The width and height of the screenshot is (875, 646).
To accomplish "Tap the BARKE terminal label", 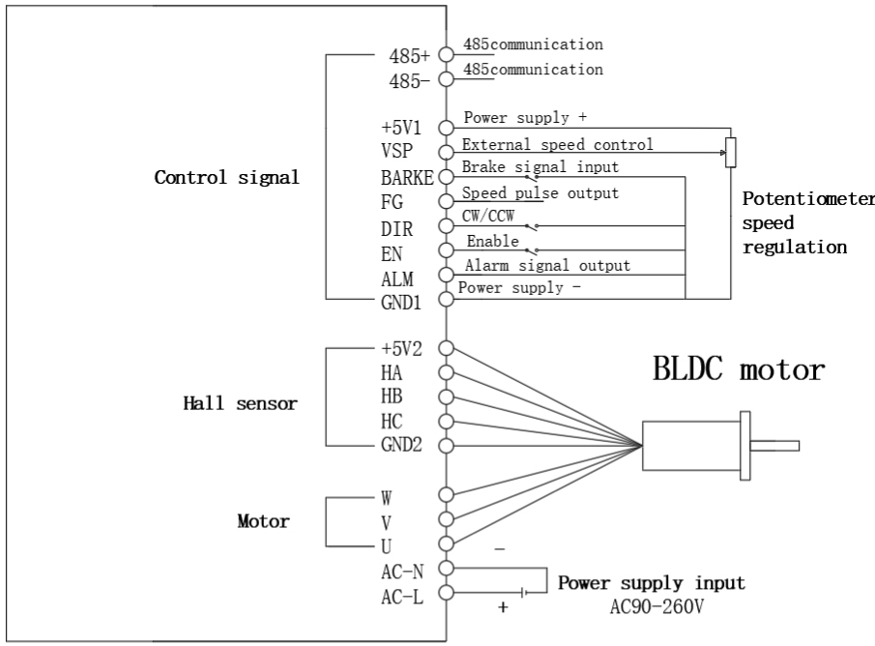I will click(x=410, y=178).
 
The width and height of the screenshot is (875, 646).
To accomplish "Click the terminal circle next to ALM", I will click(x=446, y=276).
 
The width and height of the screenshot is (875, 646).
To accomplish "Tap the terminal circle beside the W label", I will click(x=446, y=494).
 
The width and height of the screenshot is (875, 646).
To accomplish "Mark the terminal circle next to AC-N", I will click(x=446, y=570).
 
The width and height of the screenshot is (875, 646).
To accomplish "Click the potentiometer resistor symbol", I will click(x=730, y=152).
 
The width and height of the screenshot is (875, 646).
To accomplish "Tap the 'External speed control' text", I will click(x=558, y=145).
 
